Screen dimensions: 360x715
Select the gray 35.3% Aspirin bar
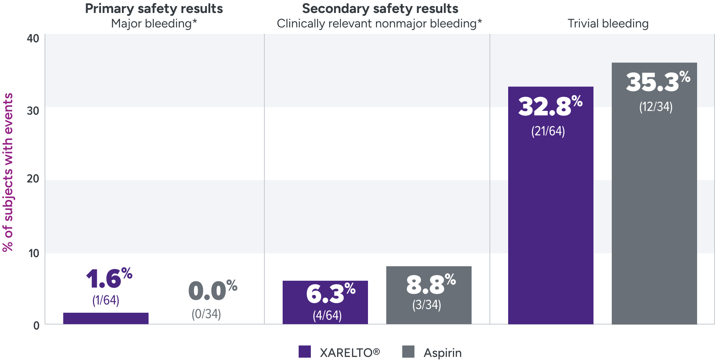point(654,213)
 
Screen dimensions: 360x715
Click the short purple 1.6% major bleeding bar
point(106,318)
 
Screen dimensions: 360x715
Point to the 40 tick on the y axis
point(33,38)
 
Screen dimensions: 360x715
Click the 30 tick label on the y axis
point(33,111)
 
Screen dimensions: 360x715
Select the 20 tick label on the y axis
point(33,179)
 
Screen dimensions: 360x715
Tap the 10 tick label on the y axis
point(34,253)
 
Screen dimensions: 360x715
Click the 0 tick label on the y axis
point(36,326)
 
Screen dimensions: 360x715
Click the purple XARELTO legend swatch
point(304,351)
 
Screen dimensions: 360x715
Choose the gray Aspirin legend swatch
point(408,351)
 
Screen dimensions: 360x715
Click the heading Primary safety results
point(154,8)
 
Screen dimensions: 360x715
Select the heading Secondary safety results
point(380,8)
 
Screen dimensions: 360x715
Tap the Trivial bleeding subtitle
point(608,24)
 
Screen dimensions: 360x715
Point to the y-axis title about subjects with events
point(8,172)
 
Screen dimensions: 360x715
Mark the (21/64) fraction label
point(548,131)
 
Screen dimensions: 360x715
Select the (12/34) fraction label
point(656,107)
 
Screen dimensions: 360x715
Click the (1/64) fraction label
point(106,301)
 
